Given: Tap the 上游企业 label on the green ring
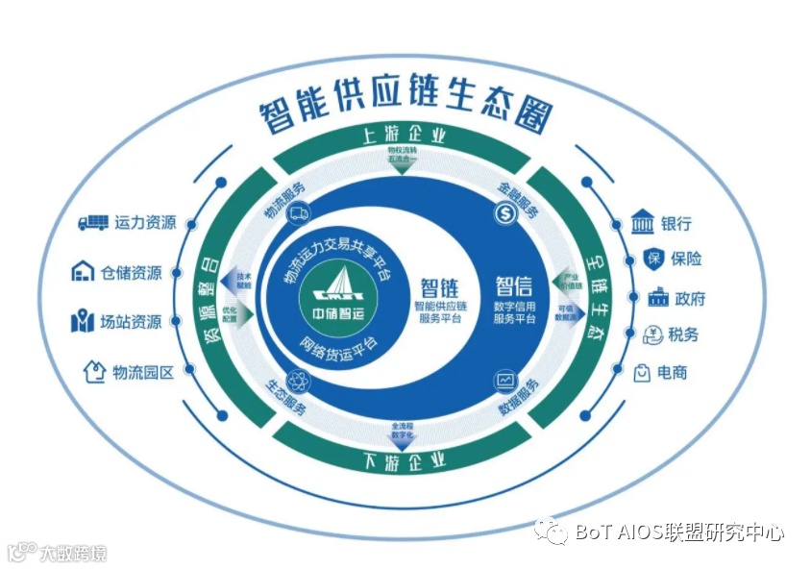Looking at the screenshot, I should [x=404, y=136].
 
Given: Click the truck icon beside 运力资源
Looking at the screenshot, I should [x=92, y=223].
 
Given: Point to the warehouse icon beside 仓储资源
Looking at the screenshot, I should [x=83, y=272].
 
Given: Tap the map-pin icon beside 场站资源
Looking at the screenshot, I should [x=83, y=322].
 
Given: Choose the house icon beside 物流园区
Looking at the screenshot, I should [x=94, y=371].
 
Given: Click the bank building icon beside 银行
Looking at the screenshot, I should [x=642, y=223].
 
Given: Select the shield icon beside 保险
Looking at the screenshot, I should [x=652, y=259].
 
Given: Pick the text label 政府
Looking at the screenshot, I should [x=689, y=298].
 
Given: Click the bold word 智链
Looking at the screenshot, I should [x=439, y=286].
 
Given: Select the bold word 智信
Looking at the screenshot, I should [x=514, y=285].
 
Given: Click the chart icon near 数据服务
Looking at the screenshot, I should [x=505, y=381].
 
